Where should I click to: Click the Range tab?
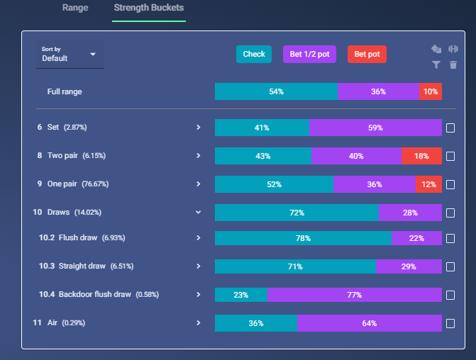point(75,8)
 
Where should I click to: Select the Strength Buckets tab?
point(149,8)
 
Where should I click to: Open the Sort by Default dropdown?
point(70,55)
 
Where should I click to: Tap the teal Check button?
point(254,55)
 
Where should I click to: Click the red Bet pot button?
point(367,55)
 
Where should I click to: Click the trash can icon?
point(453,64)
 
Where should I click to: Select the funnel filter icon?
point(436,64)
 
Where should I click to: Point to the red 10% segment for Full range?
point(431,91)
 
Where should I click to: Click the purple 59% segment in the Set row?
point(375,128)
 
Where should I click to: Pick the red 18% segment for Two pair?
point(421,156)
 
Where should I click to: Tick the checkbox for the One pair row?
point(450,184)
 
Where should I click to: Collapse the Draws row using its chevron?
point(198,213)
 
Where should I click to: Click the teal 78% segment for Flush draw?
point(304,238)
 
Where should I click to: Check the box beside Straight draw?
point(450,266)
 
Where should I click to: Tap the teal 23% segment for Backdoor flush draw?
point(241,295)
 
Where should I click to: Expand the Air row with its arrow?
point(198,322)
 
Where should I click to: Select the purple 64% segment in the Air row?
point(370,323)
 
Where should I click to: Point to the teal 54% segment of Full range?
point(276,91)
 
